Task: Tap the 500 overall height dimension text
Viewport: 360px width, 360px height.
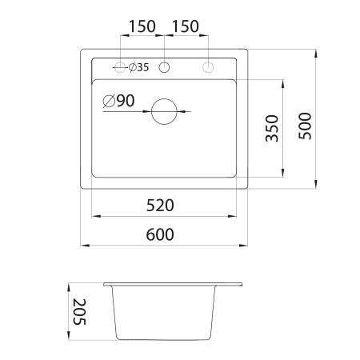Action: tap(303, 124)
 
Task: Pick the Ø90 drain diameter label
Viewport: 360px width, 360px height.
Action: tap(118, 101)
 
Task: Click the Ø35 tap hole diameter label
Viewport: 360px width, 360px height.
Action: tap(138, 67)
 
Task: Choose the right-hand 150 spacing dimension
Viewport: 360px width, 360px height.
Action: tap(186, 26)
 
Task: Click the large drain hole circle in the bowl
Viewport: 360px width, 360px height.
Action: tap(166, 111)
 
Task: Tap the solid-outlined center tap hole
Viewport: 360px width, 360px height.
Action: tap(165, 67)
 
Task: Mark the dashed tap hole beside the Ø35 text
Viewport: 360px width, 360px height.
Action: tap(121, 67)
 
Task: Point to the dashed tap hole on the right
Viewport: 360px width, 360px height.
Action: tap(209, 67)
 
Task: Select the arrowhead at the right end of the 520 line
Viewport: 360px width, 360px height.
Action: tap(235, 216)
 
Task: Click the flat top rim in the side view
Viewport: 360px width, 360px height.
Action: tap(172, 284)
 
